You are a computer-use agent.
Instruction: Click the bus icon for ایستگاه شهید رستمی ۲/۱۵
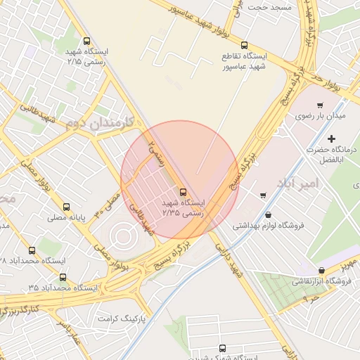86,41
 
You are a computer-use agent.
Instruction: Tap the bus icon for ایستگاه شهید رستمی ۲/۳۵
184,191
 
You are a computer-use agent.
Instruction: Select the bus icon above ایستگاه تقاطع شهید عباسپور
244,44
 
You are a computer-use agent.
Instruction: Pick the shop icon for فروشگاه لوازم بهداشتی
268,215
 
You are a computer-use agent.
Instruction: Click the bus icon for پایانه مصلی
67,207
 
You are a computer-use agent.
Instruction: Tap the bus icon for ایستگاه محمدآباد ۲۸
32,250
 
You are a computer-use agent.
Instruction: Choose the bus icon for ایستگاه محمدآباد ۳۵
63,277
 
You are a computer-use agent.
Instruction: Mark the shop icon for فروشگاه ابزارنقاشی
321,270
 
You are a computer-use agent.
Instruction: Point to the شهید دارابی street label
229,260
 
